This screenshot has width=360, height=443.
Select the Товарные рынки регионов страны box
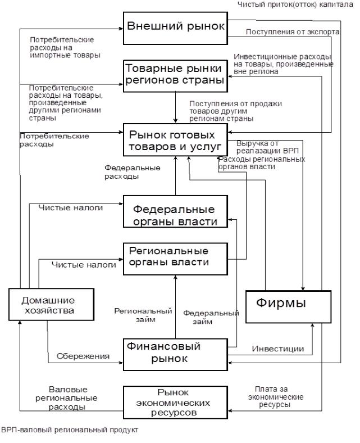pos(175,74)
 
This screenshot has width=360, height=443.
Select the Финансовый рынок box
pos(175,353)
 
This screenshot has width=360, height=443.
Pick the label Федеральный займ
pos(211,317)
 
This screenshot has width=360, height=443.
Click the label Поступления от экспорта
pos(292,32)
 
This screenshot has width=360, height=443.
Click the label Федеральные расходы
pos(133,172)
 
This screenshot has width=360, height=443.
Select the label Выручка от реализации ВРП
pos(259,147)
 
